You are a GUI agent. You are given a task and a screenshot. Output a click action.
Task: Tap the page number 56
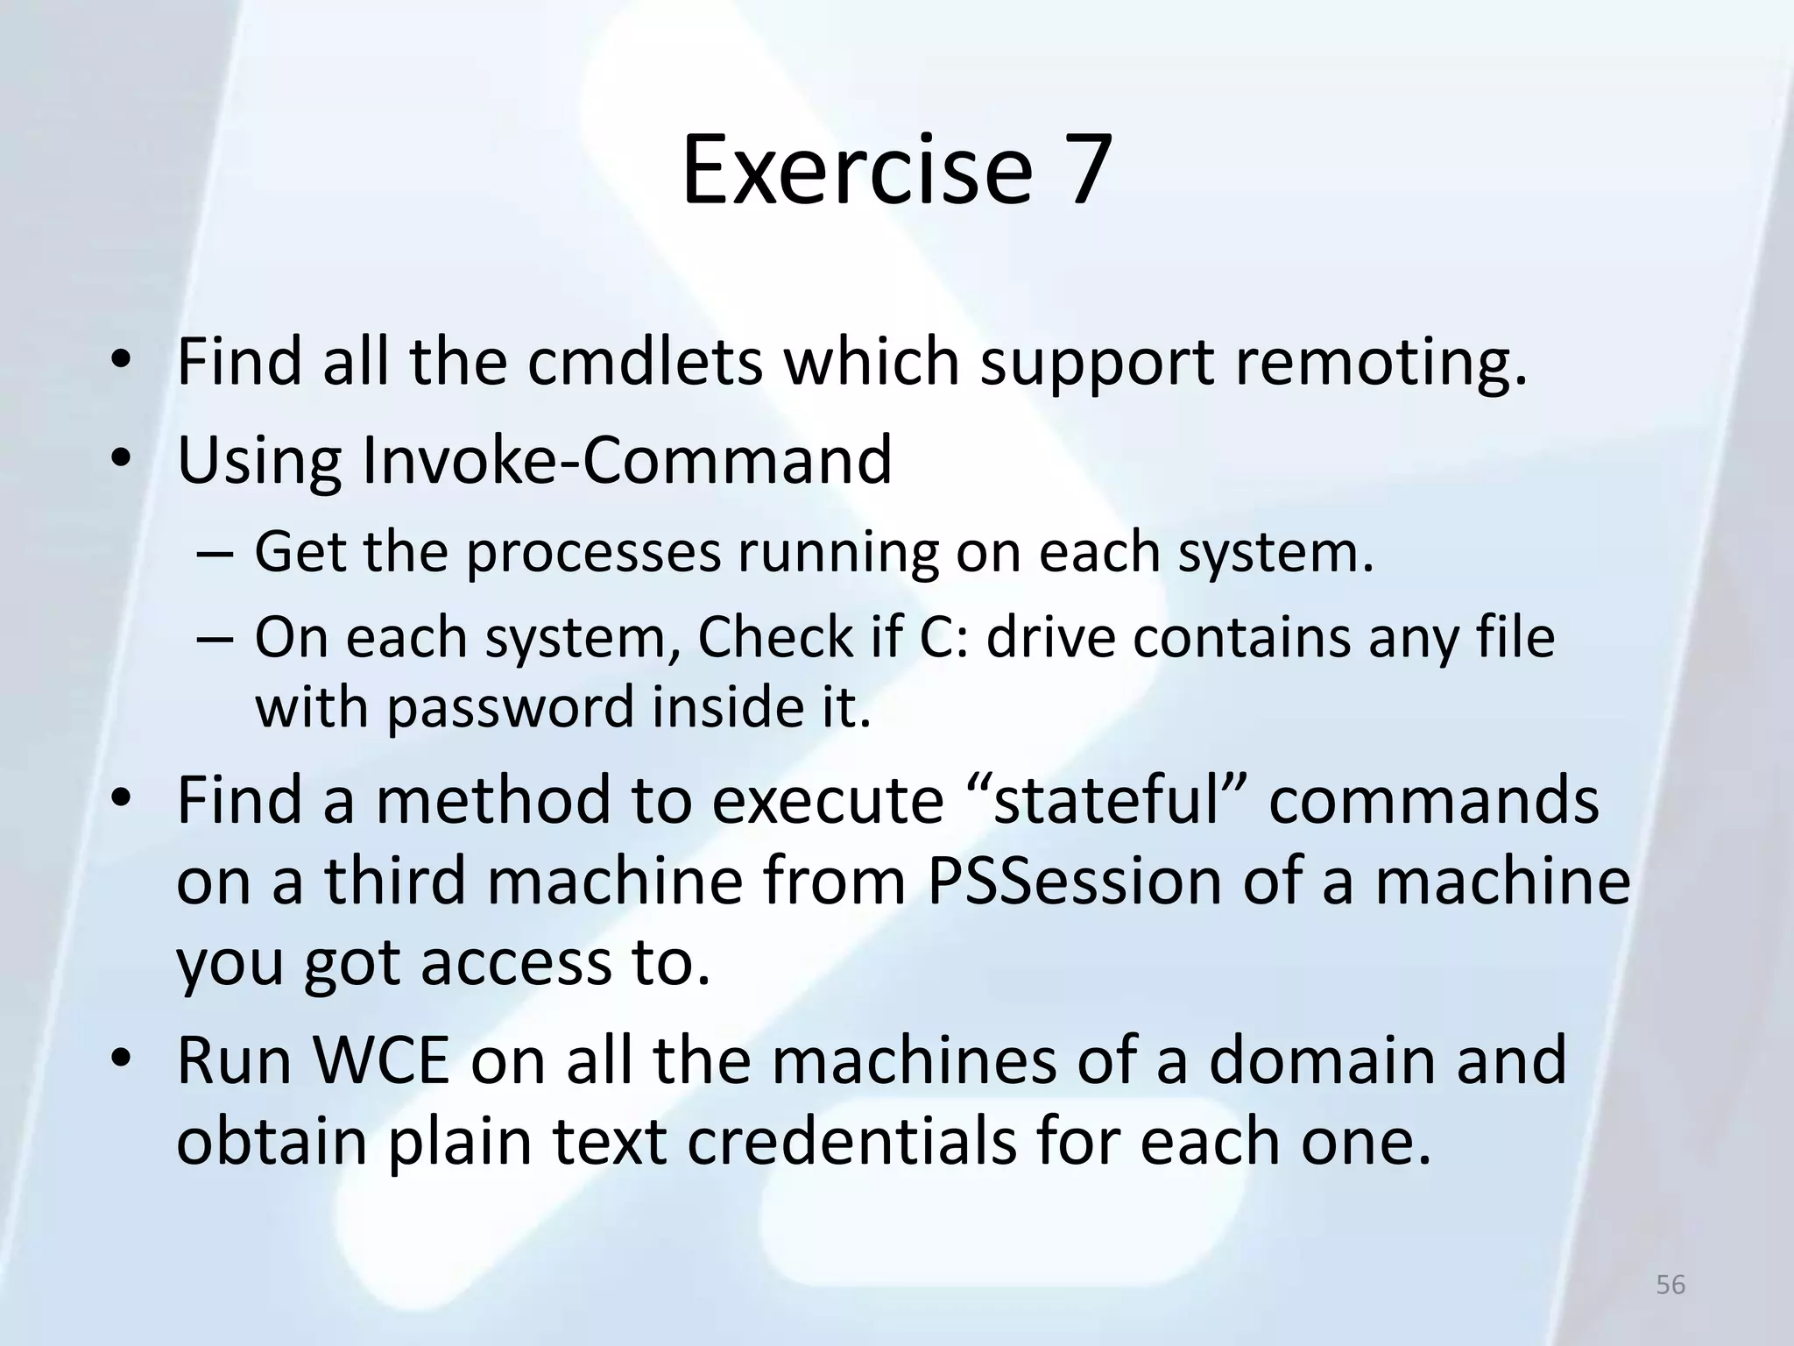click(x=1670, y=1285)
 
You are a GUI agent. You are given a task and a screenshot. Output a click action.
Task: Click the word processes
click(x=592, y=553)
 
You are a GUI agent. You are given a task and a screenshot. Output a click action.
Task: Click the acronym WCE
click(x=381, y=1060)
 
